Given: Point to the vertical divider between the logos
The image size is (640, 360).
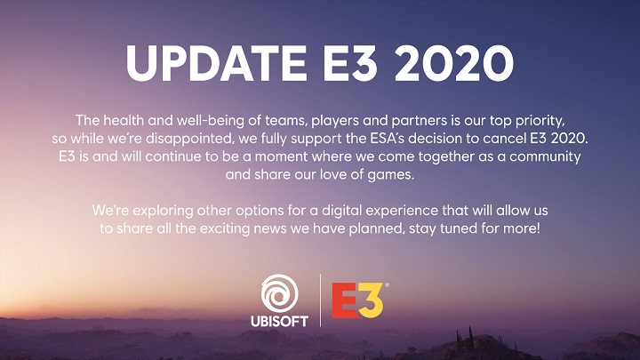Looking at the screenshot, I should click(320, 300).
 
